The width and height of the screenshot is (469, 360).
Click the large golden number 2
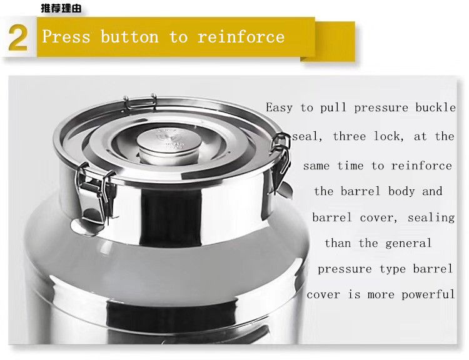pyautogui.click(x=18, y=38)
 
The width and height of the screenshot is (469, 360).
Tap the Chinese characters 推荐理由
pyautogui.click(x=61, y=8)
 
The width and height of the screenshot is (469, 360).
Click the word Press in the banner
pyautogui.click(x=66, y=37)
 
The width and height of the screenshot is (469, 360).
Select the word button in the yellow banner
pyautogui.click(x=129, y=37)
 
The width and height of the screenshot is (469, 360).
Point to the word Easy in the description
pyautogui.click(x=280, y=107)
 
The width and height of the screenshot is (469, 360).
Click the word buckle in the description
pyautogui.click(x=435, y=107)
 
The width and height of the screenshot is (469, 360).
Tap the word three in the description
pyautogui.click(x=350, y=137)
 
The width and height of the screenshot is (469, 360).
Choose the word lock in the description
pyautogui.click(x=389, y=137)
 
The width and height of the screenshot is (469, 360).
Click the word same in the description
pyautogui.click(x=316, y=166)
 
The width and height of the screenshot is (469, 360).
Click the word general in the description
pyautogui.click(x=408, y=243)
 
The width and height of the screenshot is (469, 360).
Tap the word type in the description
pyautogui.click(x=393, y=269)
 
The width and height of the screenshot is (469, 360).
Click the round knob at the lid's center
pyautogui.click(x=169, y=146)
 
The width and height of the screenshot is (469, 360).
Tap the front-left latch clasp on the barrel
pyautogui.click(x=95, y=194)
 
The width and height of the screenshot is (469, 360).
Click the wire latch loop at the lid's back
pyautogui.click(x=140, y=101)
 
